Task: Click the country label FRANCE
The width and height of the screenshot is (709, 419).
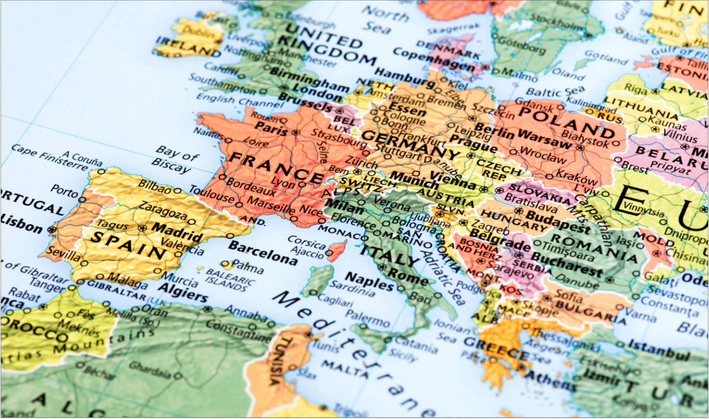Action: point(275,167)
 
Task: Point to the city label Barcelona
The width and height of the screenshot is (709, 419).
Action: point(262,253)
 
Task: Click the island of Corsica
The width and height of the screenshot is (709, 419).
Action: point(337,250)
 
